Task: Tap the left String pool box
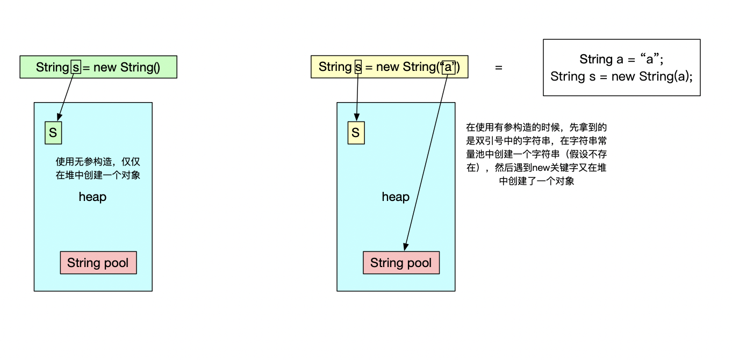point(98,263)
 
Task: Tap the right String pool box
point(401,263)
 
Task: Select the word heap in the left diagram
point(92,197)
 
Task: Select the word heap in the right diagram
point(396,197)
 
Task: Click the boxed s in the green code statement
point(76,67)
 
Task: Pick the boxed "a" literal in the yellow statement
point(448,67)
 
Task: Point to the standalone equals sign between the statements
point(499,68)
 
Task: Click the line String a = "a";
point(622,59)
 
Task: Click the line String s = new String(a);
point(622,76)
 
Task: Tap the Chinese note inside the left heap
point(98,168)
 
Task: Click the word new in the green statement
point(105,67)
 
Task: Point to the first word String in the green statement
point(52,67)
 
